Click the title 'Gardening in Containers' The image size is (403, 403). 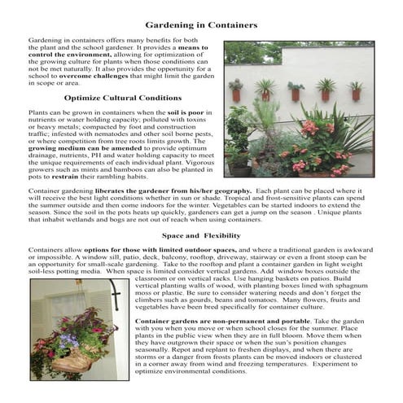[201, 25]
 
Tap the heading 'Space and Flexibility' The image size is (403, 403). [201, 234]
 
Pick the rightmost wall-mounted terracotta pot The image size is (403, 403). [356, 94]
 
